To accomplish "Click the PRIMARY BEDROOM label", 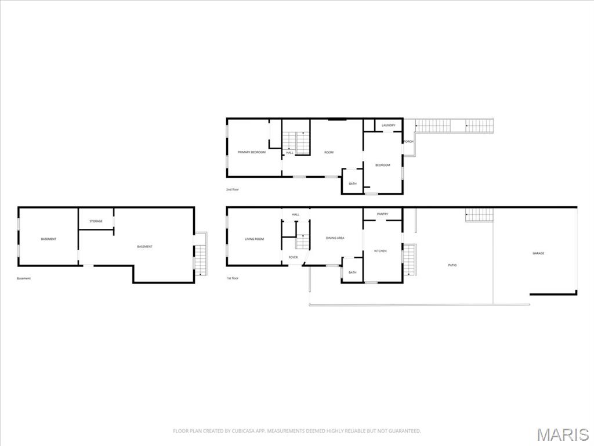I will pyautogui.click(x=252, y=152).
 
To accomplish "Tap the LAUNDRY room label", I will pyautogui.click(x=389, y=125).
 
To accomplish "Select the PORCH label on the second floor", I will pyautogui.click(x=408, y=142).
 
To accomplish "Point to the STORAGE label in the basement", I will pyautogui.click(x=96, y=221).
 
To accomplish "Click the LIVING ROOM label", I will pyautogui.click(x=254, y=239).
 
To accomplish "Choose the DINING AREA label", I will pyautogui.click(x=335, y=238).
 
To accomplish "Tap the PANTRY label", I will pyautogui.click(x=382, y=214).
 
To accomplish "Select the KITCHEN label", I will pyautogui.click(x=380, y=251).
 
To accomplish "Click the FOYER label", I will pyautogui.click(x=293, y=257).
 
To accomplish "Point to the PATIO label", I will pyautogui.click(x=452, y=265).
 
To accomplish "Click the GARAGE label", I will pyautogui.click(x=538, y=253).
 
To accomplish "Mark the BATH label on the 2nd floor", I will pyautogui.click(x=352, y=184).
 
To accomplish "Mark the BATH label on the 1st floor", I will pyautogui.click(x=352, y=273).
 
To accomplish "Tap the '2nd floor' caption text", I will pyautogui.click(x=233, y=190).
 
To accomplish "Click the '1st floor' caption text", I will pyautogui.click(x=233, y=278).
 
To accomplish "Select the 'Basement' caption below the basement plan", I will pyautogui.click(x=24, y=278).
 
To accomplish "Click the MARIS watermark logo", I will pyautogui.click(x=562, y=434).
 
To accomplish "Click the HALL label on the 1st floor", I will pyautogui.click(x=295, y=215).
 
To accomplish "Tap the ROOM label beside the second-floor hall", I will pyautogui.click(x=329, y=152).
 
